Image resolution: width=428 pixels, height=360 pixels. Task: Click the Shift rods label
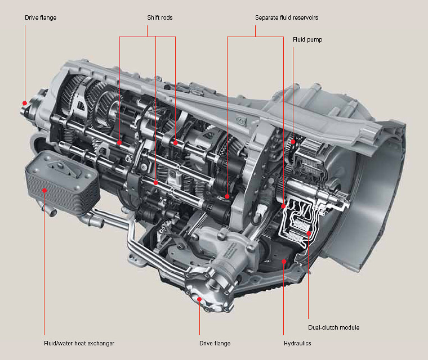click(x=157, y=18)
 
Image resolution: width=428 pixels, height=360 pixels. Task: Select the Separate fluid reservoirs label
click(x=286, y=18)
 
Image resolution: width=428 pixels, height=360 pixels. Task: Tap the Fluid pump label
click(x=307, y=40)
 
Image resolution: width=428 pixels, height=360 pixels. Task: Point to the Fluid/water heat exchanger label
click(x=79, y=343)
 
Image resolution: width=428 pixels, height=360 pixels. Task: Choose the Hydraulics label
click(x=297, y=343)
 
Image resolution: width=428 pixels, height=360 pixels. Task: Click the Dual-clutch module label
click(x=333, y=327)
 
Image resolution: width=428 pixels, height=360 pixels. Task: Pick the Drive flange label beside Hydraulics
click(x=215, y=343)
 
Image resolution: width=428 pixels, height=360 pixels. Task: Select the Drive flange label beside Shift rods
click(x=41, y=18)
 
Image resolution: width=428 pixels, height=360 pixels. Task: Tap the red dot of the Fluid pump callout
click(x=293, y=139)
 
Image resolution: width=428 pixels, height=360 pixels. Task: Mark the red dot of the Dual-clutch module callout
click(x=308, y=233)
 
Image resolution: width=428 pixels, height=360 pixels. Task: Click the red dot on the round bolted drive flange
click(x=199, y=299)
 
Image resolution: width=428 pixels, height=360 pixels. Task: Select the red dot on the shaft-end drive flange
click(x=25, y=103)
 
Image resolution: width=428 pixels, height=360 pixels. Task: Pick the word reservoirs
click(x=304, y=18)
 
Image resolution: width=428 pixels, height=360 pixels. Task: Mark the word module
click(x=350, y=327)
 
